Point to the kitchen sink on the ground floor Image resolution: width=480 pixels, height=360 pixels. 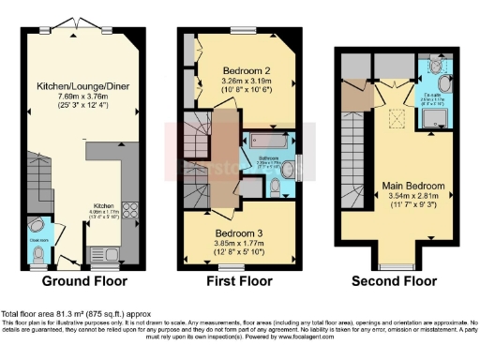(105, 252)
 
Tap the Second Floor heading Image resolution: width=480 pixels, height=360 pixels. (394, 280)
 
